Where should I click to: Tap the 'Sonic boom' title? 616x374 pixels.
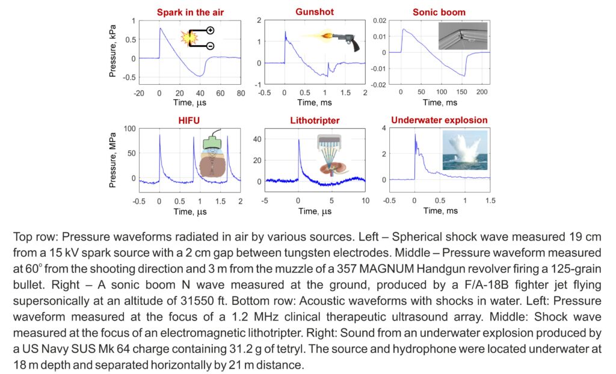tap(439, 12)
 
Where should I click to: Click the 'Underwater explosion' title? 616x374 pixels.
tap(439, 120)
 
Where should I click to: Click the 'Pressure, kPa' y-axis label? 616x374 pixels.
tap(113, 53)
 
